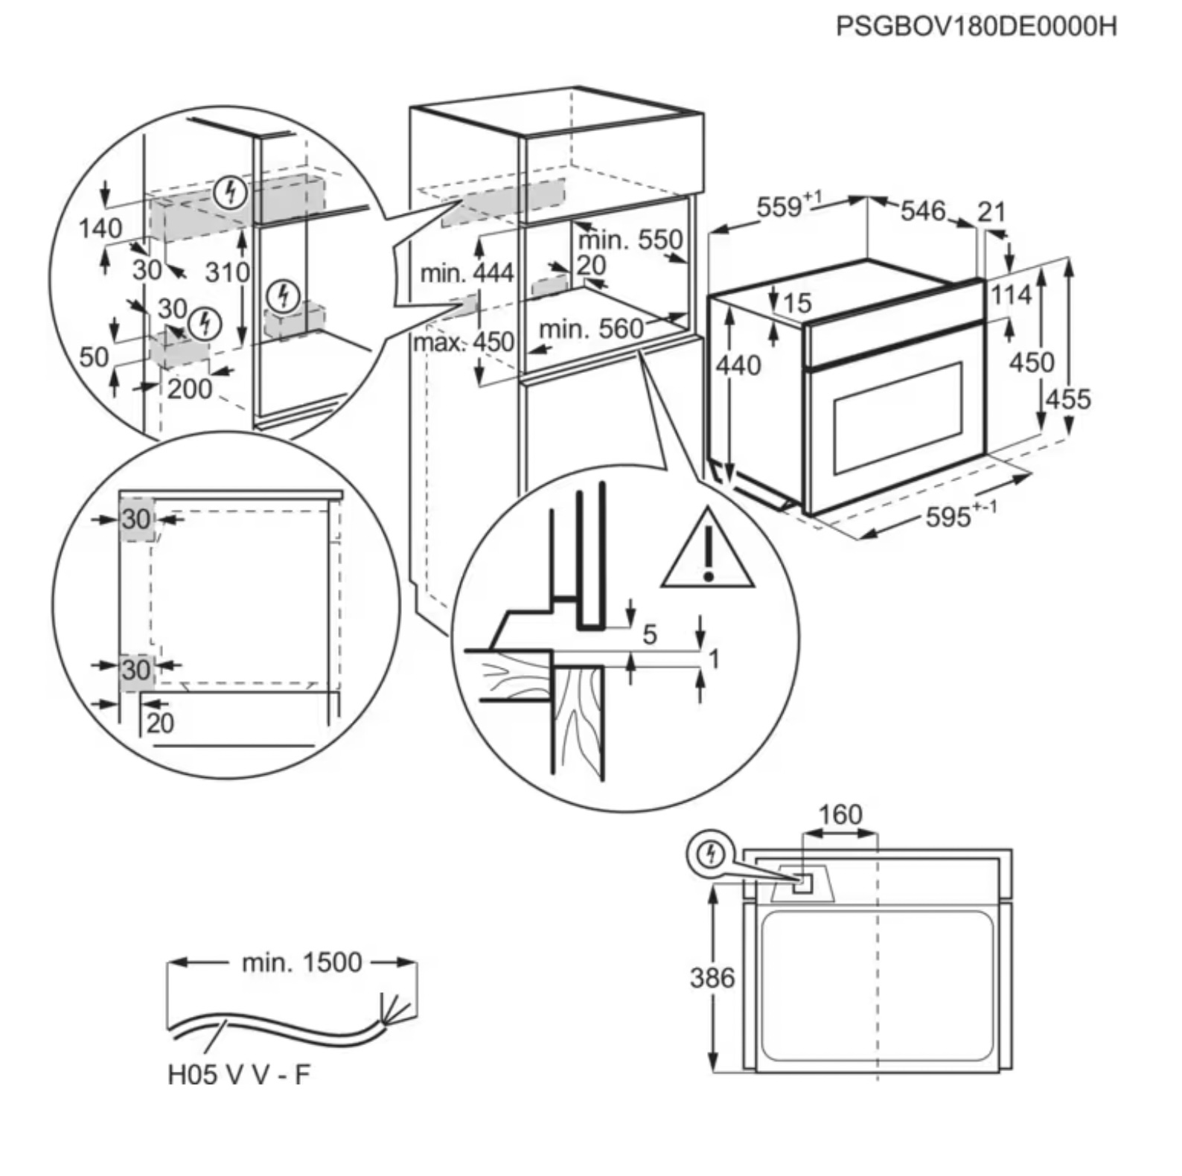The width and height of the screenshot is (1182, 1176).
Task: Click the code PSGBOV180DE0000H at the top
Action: [976, 27]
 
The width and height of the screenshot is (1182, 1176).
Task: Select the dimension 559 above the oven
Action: [780, 207]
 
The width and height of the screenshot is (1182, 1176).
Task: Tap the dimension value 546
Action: [922, 211]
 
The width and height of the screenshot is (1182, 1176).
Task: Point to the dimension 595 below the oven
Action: [948, 517]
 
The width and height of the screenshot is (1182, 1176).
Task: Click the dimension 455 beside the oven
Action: [1068, 400]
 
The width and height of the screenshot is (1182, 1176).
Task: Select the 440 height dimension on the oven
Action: [738, 365]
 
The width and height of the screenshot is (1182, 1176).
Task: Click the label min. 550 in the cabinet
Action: [630, 240]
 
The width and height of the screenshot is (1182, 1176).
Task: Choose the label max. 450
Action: [464, 342]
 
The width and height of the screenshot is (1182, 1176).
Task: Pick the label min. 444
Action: [467, 273]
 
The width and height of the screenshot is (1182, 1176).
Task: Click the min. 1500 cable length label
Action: [301, 962]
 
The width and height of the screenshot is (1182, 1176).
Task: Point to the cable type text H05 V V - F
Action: [238, 1074]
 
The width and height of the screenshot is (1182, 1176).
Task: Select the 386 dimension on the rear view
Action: [712, 977]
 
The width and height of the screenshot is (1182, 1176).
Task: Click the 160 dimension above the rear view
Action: [840, 814]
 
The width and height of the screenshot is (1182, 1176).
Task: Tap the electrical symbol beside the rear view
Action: [711, 853]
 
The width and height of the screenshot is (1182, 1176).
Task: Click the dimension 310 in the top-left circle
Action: [227, 272]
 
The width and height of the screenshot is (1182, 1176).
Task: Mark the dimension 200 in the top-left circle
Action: [189, 389]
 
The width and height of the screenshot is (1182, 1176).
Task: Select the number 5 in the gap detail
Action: [650, 635]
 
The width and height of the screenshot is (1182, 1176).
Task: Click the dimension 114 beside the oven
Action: [1011, 295]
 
